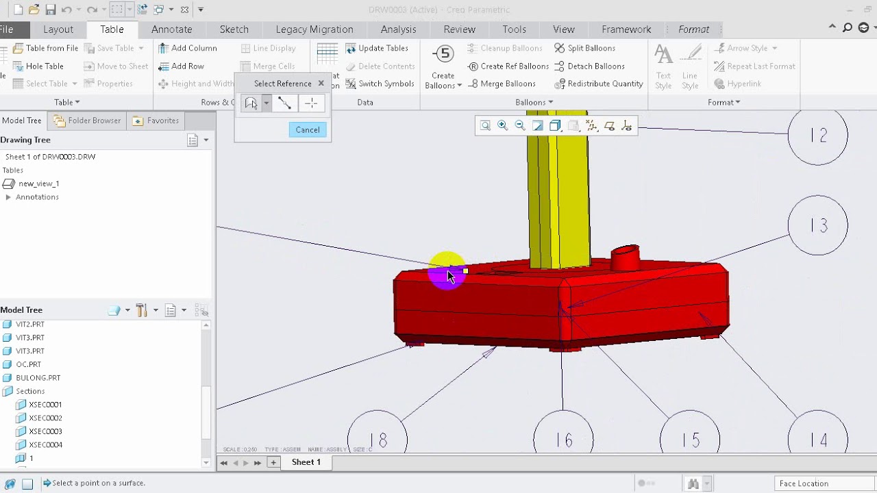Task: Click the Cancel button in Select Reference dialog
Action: pyautogui.click(x=308, y=130)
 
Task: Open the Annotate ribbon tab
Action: pyautogui.click(x=171, y=29)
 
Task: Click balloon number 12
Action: pyautogui.click(x=817, y=136)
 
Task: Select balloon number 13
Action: pyautogui.click(x=817, y=225)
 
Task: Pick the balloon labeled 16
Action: pyautogui.click(x=563, y=439)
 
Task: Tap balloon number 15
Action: pyautogui.click(x=690, y=439)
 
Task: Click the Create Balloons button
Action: pyautogui.click(x=443, y=67)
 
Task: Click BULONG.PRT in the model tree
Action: pyautogui.click(x=38, y=378)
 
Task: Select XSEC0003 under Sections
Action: pyautogui.click(x=45, y=431)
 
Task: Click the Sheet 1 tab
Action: pyautogui.click(x=306, y=462)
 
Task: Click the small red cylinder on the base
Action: pyautogui.click(x=624, y=259)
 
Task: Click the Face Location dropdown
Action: pyautogui.click(x=822, y=483)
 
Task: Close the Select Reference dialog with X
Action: pyautogui.click(x=321, y=84)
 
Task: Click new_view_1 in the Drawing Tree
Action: pyautogui.click(x=38, y=184)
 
